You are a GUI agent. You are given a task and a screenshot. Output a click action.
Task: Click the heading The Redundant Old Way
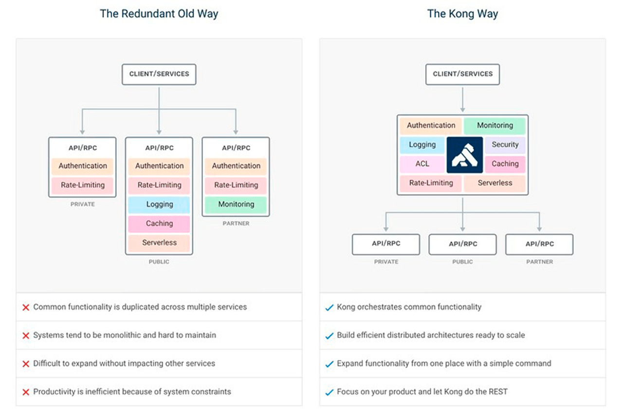pos(159,14)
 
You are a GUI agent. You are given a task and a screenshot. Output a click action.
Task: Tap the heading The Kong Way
pos(462,14)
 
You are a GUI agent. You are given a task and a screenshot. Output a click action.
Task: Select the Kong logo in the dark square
pos(465,155)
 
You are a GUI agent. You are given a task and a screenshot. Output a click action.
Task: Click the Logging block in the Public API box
pos(159,204)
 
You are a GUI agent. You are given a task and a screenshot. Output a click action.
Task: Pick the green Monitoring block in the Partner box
pos(236,204)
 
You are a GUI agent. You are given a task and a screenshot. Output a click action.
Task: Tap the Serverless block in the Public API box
pos(159,243)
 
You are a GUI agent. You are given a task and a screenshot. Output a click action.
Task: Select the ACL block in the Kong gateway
pos(422,164)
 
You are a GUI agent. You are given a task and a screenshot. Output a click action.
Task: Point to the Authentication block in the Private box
pos(83,166)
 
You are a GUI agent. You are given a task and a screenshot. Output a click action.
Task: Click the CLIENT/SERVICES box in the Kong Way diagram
pos(462,74)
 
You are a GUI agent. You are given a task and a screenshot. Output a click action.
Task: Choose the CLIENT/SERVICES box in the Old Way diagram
pos(159,74)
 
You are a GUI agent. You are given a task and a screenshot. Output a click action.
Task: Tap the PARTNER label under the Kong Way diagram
pos(539,262)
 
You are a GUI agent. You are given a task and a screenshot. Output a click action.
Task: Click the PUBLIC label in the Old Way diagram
pos(159,262)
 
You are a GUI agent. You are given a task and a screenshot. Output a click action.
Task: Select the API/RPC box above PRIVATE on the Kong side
pos(386,244)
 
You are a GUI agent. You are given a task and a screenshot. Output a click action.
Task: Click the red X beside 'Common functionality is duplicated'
pos(26,307)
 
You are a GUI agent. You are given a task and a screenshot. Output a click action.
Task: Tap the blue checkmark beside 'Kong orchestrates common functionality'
pos(329,307)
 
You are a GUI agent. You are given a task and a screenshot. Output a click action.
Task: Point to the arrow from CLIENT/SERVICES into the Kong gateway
pos(462,100)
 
